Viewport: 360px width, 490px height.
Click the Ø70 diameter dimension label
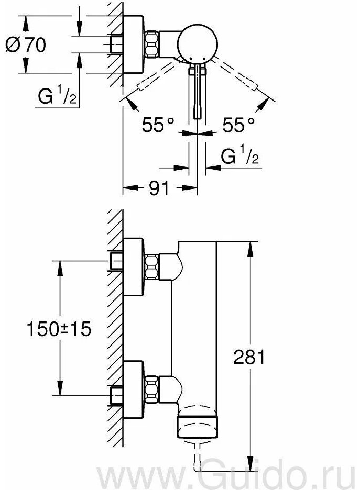(26, 44)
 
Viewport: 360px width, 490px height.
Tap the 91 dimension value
(159, 188)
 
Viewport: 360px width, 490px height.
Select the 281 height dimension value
(249, 357)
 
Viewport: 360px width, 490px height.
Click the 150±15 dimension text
(59, 329)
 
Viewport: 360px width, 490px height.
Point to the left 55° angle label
(158, 125)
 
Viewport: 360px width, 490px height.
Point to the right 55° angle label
(238, 125)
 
